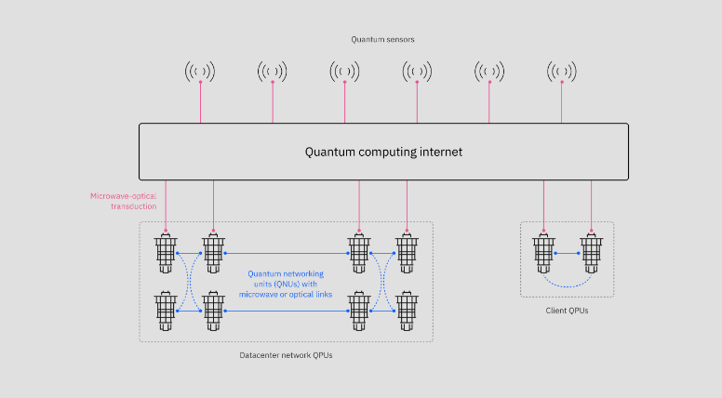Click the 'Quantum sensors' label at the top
pos(381,39)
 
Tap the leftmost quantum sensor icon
pos(200,71)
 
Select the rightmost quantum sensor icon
pos(561,71)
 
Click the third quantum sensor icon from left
pos(344,71)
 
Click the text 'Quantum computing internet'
pos(383,152)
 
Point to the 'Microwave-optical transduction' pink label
pos(123,201)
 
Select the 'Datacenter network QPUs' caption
pos(286,355)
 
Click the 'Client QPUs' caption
pos(567,311)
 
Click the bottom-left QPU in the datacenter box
pos(167,312)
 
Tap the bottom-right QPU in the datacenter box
pos(407,312)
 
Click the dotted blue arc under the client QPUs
pos(567,283)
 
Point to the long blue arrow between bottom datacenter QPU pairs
pos(286,312)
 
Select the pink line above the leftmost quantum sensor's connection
pos(200,102)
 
